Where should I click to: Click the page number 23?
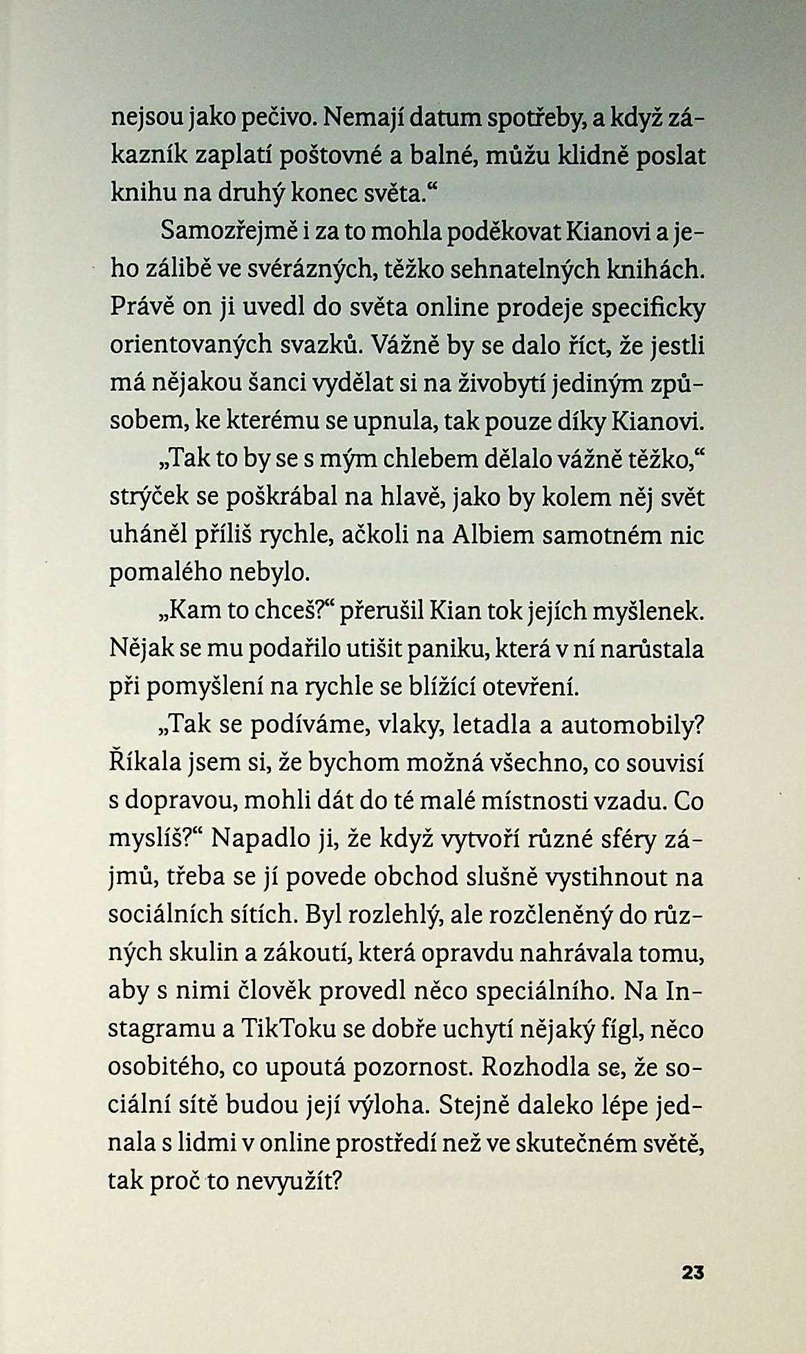click(692, 1272)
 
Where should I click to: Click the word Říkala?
click(143, 763)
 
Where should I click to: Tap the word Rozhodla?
click(532, 1066)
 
